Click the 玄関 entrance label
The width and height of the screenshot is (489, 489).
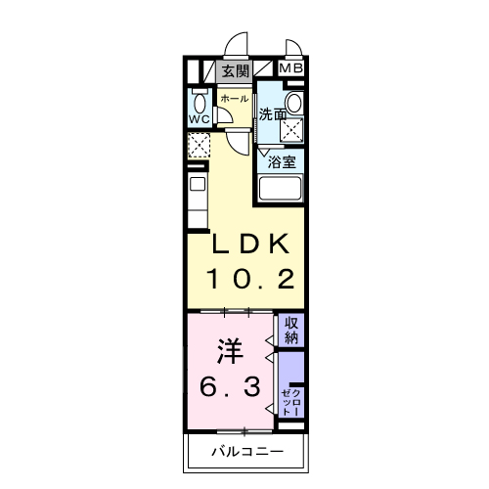click(236, 71)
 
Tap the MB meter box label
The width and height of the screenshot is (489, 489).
click(291, 68)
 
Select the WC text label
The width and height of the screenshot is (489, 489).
click(200, 119)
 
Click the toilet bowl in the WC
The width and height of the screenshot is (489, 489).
click(200, 103)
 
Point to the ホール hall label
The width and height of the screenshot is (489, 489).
click(235, 99)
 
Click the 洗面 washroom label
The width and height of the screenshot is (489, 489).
click(273, 114)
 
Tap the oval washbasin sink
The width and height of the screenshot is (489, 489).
click(295, 103)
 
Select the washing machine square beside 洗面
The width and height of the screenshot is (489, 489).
click(291, 130)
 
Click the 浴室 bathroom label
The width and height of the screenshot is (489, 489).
click(282, 162)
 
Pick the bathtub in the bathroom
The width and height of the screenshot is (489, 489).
click(280, 188)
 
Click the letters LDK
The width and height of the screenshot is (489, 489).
click(250, 244)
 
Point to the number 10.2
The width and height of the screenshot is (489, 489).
click(250, 279)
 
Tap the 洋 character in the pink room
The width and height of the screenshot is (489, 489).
click(230, 351)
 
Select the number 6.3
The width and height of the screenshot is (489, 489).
click(230, 386)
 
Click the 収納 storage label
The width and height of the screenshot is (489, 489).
click(291, 331)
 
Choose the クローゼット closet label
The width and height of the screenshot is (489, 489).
click(291, 402)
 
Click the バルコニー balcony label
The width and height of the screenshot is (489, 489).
click(247, 452)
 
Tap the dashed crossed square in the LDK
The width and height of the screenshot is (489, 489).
click(199, 145)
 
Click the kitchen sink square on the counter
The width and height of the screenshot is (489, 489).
click(198, 184)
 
